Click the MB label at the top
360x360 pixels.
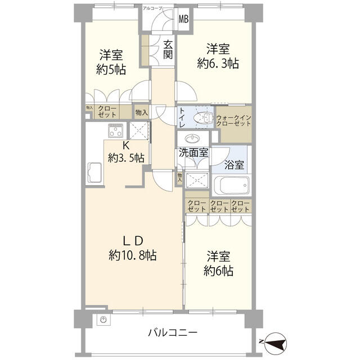pos(184,19)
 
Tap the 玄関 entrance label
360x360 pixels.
pos(168,49)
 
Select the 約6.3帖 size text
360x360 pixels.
pos(217,64)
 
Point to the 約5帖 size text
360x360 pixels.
pos(112,70)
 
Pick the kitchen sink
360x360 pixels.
pos(93,172)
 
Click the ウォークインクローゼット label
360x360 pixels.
pos(234,120)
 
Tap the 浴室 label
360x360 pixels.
pos(234,166)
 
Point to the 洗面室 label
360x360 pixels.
pos(193,152)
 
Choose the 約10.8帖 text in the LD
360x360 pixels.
pos(133,256)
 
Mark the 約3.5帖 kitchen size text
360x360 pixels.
pos(127,158)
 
